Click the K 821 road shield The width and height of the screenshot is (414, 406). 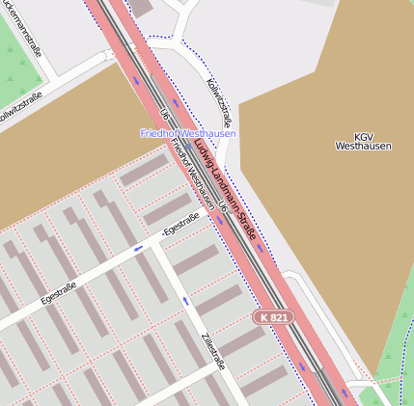click(x=273, y=316)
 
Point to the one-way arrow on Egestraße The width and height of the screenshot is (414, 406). click(x=139, y=248)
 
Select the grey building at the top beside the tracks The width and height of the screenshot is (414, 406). click(x=142, y=7)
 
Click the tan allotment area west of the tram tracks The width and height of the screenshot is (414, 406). click(x=58, y=154)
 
